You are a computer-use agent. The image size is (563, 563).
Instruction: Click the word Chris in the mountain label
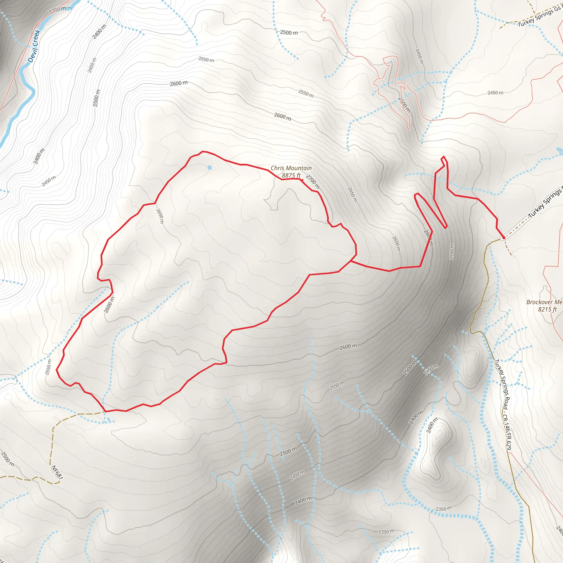tap(277, 168)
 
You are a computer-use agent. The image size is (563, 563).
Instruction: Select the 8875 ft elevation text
tap(291, 175)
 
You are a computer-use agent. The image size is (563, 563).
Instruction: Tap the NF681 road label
tap(57, 472)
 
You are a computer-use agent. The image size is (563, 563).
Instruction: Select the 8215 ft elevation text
tap(547, 310)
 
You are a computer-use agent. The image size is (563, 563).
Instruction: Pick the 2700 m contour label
tap(313, 181)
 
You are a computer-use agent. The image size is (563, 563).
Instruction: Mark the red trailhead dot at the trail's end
tap(504, 238)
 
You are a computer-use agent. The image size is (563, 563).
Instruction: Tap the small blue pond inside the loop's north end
tap(209, 168)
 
